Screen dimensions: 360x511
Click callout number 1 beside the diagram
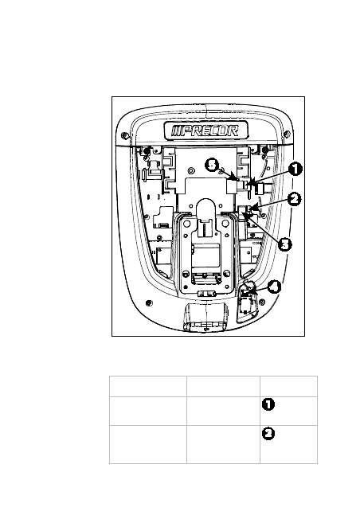[295, 169]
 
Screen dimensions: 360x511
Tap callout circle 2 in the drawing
[295, 199]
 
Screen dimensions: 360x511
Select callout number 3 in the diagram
[285, 244]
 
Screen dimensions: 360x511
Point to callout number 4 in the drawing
[274, 287]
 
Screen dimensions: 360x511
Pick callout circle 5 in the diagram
[212, 165]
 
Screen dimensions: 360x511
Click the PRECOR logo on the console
[205, 131]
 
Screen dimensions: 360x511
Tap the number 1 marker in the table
[268, 404]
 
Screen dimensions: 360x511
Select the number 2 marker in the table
[268, 434]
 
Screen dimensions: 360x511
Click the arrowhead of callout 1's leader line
[248, 185]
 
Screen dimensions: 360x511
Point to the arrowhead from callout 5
[236, 178]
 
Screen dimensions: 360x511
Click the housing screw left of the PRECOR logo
[124, 135]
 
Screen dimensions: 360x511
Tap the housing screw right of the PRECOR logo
[287, 133]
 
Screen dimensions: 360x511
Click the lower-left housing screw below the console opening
[149, 303]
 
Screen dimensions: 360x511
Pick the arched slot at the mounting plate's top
[205, 212]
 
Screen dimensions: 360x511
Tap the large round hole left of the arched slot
[187, 224]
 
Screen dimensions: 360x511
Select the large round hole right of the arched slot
[225, 224]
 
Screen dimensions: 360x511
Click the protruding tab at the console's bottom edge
[206, 316]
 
